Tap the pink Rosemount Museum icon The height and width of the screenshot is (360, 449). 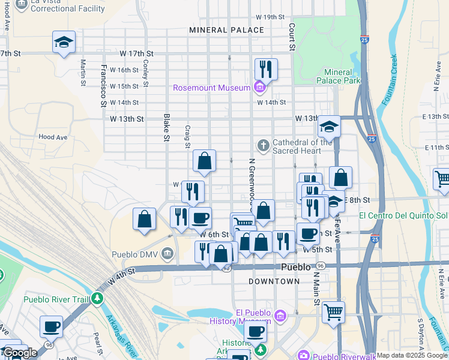pyautogui.click(x=260, y=88)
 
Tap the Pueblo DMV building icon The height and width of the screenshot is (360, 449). pyautogui.click(x=167, y=254)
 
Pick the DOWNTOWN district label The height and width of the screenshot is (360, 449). pyautogui.click(x=274, y=281)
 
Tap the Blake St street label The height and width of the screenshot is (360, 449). pyautogui.click(x=166, y=128)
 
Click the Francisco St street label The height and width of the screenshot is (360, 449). pyautogui.click(x=103, y=85)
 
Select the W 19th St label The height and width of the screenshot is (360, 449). pyautogui.click(x=270, y=17)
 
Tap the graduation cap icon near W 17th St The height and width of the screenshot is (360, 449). pyautogui.click(x=64, y=43)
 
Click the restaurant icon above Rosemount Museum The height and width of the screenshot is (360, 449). pyautogui.click(x=265, y=69)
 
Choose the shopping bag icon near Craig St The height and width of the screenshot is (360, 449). pyautogui.click(x=204, y=161)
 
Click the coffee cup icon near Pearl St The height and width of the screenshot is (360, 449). pyautogui.click(x=52, y=327)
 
